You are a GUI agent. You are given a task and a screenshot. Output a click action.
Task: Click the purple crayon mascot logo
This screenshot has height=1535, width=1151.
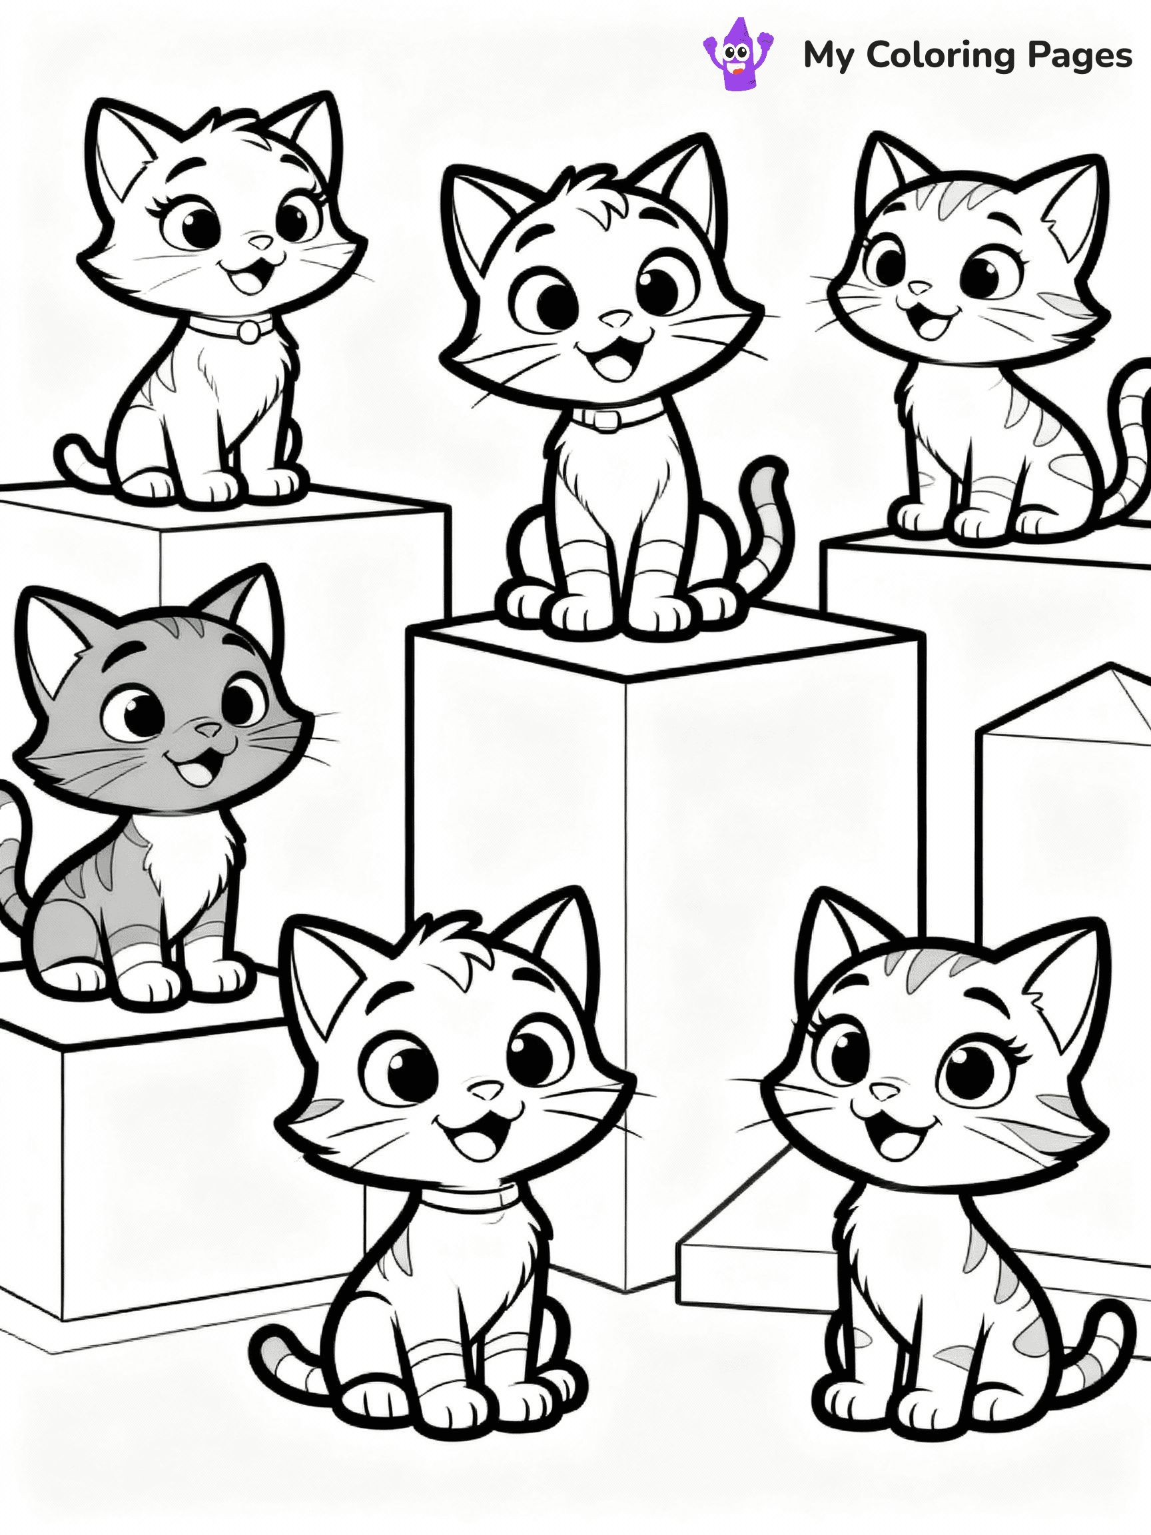click(737, 55)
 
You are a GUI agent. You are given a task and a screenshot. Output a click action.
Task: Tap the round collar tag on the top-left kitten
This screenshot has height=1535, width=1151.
click(247, 332)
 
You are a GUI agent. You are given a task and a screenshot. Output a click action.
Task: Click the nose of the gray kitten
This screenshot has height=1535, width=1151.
click(207, 730)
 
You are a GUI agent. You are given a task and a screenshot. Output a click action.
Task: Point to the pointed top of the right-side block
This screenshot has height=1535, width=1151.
click(1110, 668)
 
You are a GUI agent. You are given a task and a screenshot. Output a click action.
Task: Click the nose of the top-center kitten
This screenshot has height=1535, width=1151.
click(615, 320)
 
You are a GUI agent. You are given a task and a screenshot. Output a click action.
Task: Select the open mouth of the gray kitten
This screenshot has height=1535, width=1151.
click(196, 771)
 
